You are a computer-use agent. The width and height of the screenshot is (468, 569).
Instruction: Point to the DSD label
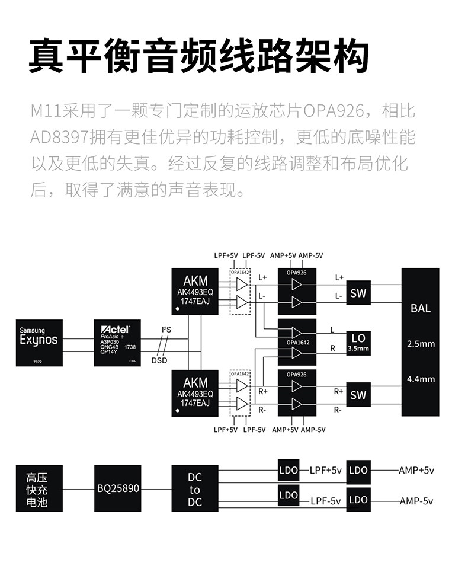[159, 360]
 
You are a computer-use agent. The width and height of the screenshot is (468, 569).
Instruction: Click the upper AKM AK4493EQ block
[195, 291]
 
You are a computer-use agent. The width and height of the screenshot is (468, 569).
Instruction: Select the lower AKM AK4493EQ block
[195, 392]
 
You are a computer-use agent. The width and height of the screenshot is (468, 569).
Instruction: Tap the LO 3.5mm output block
[358, 343]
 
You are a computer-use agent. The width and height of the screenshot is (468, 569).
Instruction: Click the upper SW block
[358, 293]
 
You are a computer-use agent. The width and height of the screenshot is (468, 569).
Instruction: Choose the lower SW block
[358, 395]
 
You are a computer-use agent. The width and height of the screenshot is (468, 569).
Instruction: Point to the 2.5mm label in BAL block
[421, 344]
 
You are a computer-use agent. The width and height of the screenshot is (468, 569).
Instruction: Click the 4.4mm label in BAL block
[421, 378]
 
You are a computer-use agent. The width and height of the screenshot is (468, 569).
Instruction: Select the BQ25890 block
[118, 489]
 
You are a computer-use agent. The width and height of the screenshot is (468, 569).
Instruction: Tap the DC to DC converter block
[195, 490]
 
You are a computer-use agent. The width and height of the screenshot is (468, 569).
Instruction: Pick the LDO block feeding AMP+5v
[358, 470]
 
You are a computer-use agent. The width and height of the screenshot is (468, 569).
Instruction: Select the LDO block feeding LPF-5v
[289, 496]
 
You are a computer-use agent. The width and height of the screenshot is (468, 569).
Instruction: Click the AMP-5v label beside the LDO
[416, 501]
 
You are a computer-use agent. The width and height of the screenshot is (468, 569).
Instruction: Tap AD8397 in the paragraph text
[59, 138]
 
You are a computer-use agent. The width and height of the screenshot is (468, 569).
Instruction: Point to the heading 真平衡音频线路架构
[198, 57]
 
